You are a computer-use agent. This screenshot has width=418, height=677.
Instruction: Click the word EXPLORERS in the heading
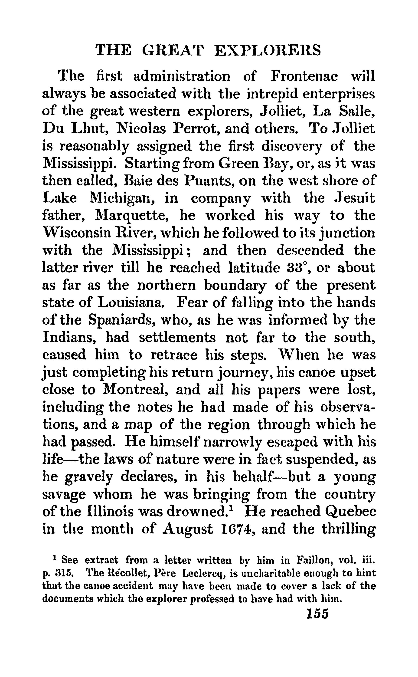pos(268,51)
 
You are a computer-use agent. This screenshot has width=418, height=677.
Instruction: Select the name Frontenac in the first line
pos(304,76)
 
